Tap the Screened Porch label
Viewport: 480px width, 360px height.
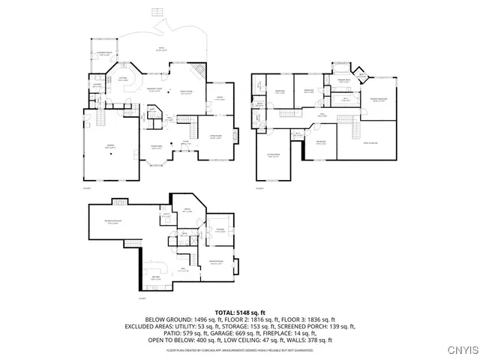(x=105, y=53)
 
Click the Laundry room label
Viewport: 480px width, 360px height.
(x=97, y=85)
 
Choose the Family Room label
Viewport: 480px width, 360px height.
(x=184, y=92)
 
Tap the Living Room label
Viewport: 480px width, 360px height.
(x=214, y=137)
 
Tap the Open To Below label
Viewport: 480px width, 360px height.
(x=370, y=142)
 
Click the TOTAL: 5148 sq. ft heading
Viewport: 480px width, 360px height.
(x=240, y=312)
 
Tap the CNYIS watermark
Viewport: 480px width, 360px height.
(x=463, y=349)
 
